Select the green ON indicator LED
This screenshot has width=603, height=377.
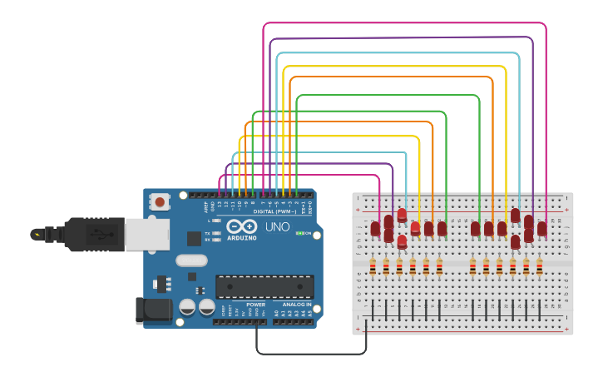click(299, 233)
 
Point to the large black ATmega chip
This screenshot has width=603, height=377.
click(264, 287)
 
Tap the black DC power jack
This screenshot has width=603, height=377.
click(153, 310)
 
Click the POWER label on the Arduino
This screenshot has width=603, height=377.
click(256, 305)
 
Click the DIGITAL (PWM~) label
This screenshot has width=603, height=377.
click(274, 211)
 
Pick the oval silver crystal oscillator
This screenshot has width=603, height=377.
click(191, 260)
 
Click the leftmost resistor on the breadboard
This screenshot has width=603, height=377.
click(373, 267)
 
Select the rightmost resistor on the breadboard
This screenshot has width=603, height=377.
click(539, 267)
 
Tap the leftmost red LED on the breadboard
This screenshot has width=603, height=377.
click(375, 228)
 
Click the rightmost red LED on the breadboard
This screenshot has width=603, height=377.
click(542, 228)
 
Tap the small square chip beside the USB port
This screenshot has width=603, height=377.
click(194, 239)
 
